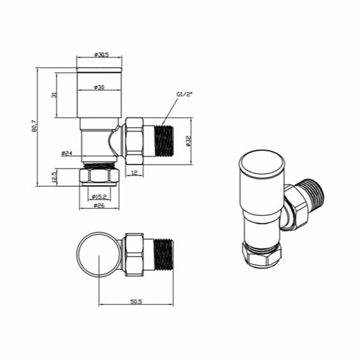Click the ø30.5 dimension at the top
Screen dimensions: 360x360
100,54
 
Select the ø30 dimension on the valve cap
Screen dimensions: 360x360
99,86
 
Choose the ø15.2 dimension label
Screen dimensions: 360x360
98,196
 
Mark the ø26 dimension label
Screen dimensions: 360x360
98,206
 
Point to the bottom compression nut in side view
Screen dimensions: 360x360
99,176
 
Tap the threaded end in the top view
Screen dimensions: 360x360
163,255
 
